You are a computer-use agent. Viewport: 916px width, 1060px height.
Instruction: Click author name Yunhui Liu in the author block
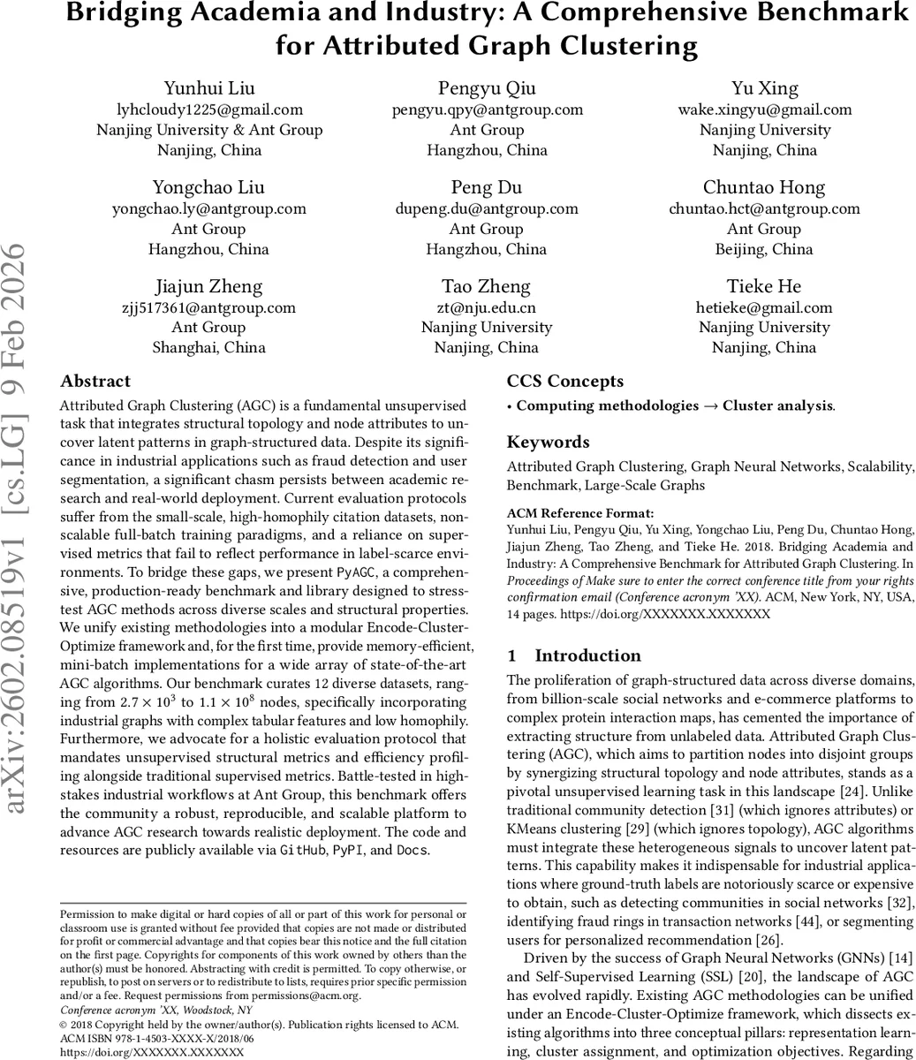click(x=209, y=88)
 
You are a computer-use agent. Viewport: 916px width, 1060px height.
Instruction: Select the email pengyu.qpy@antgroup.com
click(x=487, y=110)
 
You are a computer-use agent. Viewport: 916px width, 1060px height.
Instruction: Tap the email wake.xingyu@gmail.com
click(x=765, y=110)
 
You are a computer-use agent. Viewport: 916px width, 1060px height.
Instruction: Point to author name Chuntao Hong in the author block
click(x=764, y=187)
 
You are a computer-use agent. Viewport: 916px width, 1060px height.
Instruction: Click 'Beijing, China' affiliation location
click(x=764, y=249)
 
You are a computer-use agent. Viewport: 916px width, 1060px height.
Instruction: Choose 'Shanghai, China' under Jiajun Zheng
click(x=209, y=347)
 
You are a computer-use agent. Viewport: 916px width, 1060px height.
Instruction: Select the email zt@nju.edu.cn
click(x=487, y=307)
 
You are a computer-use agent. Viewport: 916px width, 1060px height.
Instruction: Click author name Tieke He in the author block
click(x=764, y=286)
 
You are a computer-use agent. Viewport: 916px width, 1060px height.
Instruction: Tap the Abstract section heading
click(x=95, y=382)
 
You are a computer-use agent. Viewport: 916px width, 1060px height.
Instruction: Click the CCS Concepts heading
click(x=564, y=382)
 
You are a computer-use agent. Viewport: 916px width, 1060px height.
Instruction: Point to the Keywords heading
click(x=548, y=443)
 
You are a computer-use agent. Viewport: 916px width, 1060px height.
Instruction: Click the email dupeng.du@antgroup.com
click(x=487, y=208)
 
